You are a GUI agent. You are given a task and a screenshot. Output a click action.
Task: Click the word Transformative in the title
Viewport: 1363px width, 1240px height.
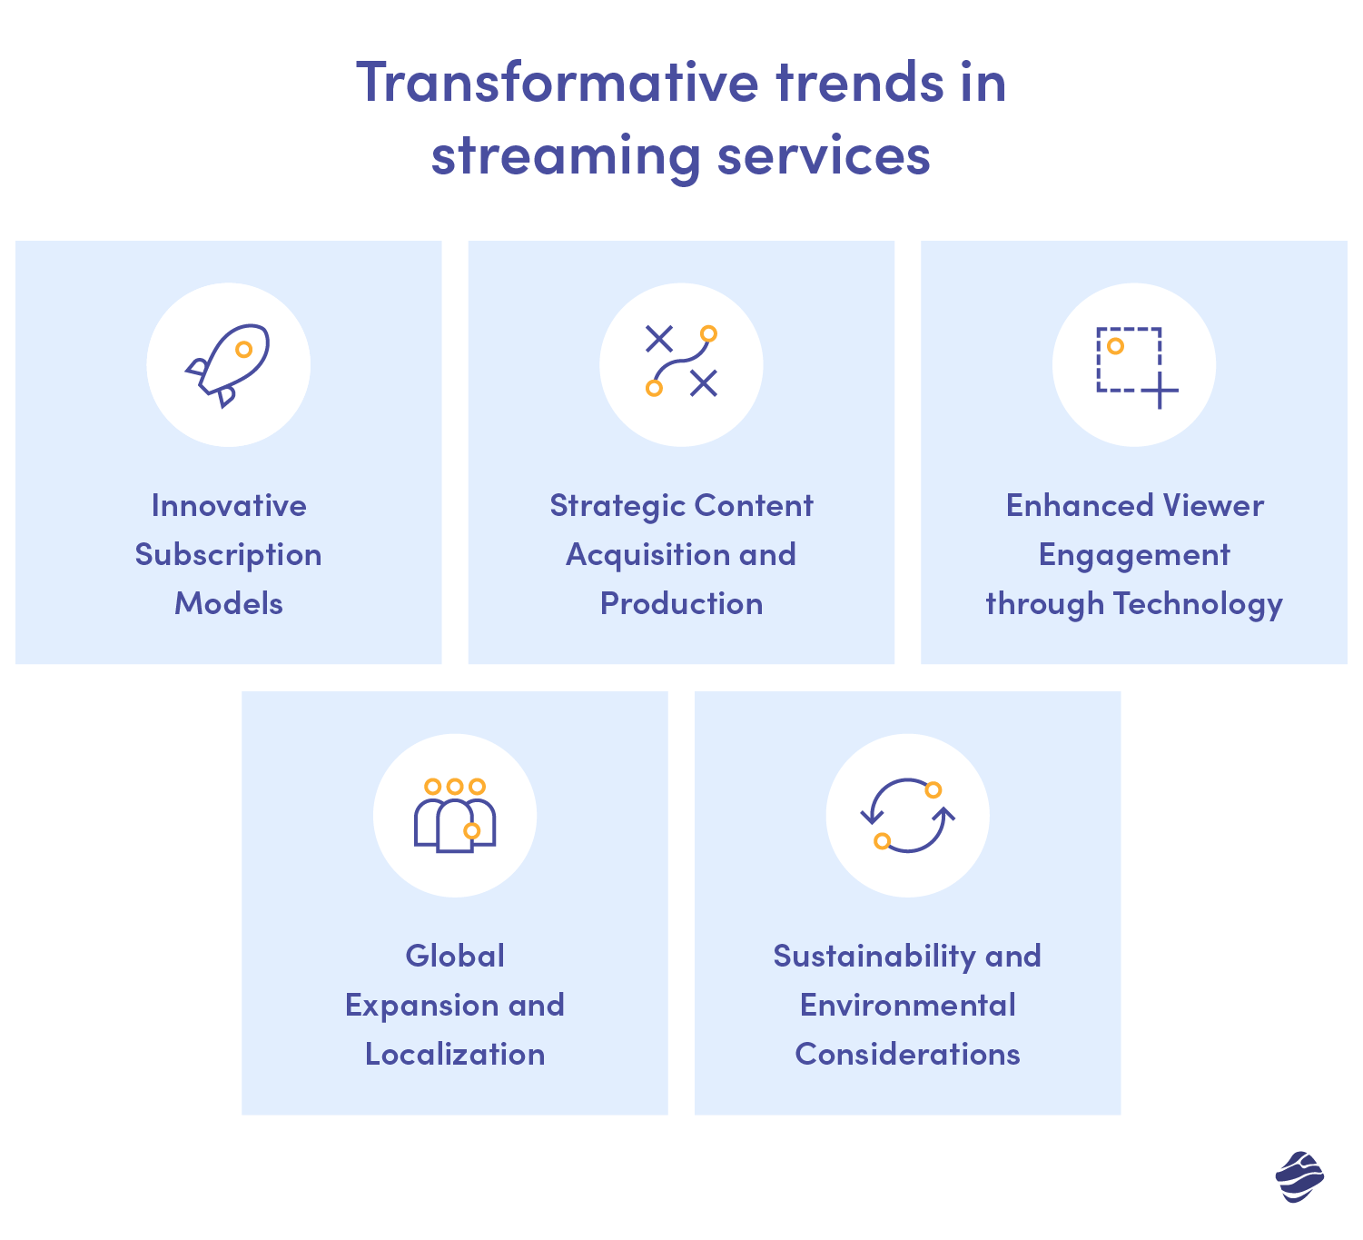tap(557, 83)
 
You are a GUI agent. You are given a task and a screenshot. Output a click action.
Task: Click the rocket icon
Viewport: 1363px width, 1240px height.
tap(228, 364)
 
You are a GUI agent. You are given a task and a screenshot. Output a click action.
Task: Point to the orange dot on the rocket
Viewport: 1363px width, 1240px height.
tap(243, 349)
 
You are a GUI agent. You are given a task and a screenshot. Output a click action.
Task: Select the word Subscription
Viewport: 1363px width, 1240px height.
tap(228, 555)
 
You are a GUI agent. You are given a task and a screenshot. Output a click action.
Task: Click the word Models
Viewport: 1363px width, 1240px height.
tap(228, 604)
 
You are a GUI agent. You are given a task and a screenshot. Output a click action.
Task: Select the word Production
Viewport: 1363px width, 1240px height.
tap(681, 604)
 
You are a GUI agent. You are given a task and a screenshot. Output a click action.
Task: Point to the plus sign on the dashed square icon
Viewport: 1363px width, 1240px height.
tap(1159, 392)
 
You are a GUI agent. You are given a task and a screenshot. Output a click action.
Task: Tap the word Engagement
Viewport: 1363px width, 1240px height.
tap(1134, 555)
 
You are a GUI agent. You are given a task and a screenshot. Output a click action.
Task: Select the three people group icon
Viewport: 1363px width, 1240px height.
tap(455, 815)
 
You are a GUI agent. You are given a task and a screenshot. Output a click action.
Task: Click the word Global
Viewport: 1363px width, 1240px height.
tap(455, 957)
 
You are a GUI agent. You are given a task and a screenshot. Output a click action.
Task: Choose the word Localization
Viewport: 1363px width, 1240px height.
tap(455, 1055)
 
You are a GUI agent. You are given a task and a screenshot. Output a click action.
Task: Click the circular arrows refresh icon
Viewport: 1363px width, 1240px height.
tap(907, 815)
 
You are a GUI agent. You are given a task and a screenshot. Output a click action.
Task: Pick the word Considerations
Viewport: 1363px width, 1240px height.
tap(907, 1055)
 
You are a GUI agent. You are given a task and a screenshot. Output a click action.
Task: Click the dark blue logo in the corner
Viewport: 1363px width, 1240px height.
tap(1299, 1177)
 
